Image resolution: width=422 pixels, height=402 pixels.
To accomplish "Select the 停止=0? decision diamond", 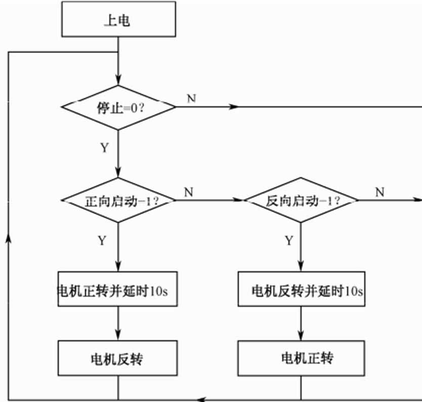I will click(118, 107).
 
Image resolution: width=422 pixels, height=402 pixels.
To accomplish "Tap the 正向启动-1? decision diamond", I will click(118, 200).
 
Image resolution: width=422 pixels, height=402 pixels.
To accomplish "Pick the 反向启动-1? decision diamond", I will click(302, 200).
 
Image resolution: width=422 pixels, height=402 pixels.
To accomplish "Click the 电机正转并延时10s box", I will click(118, 291).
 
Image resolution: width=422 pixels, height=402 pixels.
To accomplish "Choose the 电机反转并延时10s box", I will click(302, 291).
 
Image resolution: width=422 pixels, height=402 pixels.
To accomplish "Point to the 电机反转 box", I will click(118, 358).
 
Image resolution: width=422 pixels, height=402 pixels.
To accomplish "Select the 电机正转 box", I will click(302, 358).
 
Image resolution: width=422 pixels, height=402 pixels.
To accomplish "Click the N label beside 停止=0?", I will click(191, 98).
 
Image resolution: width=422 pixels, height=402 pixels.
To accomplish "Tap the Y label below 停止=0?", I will click(104, 148).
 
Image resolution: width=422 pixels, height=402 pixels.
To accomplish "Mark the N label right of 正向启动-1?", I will click(188, 192).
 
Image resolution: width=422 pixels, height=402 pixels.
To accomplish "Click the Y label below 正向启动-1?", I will click(102, 240).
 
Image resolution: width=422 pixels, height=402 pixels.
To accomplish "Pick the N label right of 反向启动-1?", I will click(379, 192).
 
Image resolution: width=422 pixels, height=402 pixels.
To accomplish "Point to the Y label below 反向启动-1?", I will click(288, 240).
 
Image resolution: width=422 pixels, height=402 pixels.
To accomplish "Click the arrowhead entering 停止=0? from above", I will click(118, 81).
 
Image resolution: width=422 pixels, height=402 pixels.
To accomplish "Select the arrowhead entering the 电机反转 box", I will click(118, 336).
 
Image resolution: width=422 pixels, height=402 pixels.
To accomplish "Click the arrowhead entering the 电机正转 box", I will click(302, 336).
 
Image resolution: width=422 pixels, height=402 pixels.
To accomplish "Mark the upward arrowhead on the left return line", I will click(9, 238).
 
